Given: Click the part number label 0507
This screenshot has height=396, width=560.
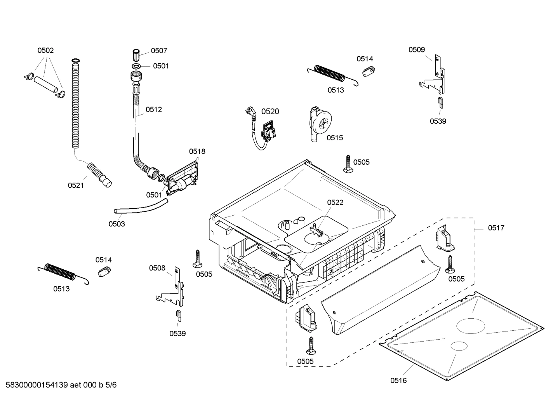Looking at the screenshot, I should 159,51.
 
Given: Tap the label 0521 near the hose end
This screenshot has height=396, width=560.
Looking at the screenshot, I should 76,185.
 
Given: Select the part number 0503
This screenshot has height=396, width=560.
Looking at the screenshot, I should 117,224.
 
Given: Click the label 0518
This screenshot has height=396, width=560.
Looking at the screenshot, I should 197,151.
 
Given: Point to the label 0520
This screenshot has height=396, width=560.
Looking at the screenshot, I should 270,112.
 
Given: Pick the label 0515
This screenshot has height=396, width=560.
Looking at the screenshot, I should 334,138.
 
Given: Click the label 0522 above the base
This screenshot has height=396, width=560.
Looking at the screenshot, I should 335,202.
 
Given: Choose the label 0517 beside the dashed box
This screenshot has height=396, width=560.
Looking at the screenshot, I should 496,228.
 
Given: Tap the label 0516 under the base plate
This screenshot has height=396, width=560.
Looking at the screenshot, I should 398,380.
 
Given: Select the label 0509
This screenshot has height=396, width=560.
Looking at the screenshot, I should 416,50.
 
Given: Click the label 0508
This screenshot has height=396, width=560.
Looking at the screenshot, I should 157,268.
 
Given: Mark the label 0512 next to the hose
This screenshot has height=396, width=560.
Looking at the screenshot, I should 153,110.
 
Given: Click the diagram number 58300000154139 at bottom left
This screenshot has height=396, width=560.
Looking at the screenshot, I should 35,385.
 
